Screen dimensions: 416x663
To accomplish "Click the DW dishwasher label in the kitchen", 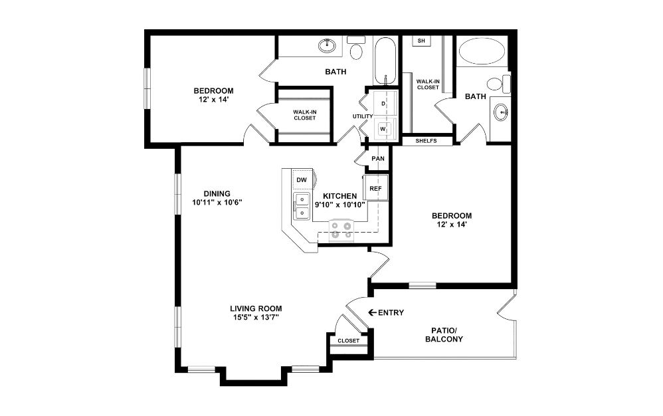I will (301, 180).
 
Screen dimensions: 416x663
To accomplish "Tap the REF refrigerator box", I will (375, 188).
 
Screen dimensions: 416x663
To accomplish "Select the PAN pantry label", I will (377, 159).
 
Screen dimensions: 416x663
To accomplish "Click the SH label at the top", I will (421, 41).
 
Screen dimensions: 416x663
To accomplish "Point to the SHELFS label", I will (426, 141).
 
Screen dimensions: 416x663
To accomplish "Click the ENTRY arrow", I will (372, 312).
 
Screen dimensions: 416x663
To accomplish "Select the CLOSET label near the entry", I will (348, 341).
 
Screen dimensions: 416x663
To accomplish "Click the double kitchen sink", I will (302, 206).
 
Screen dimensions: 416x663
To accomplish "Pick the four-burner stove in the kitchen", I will (341, 230).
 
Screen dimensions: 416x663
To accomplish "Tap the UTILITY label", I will (363, 116).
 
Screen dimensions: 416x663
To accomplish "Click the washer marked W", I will (383, 128).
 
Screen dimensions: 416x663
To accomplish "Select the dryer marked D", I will (384, 104).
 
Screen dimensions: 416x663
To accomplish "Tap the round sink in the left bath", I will (326, 46).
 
